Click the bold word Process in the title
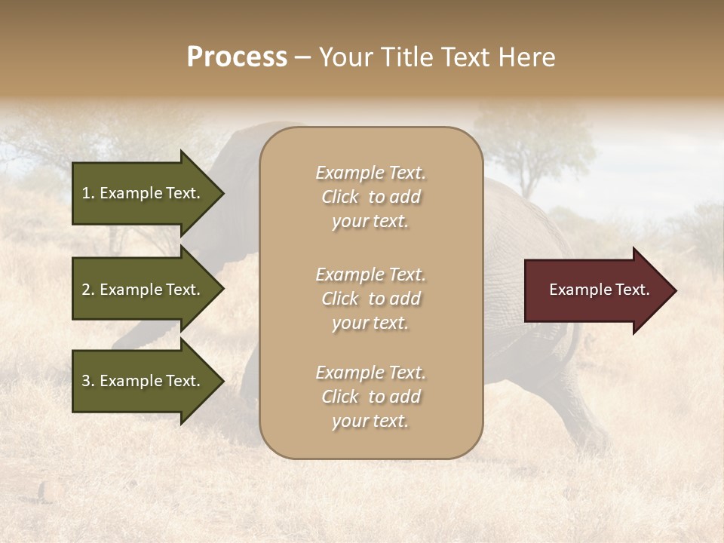pyautogui.click(x=237, y=57)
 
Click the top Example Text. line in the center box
pyautogui.click(x=371, y=173)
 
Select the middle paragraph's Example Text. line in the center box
pyautogui.click(x=371, y=275)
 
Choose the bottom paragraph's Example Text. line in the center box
pyautogui.click(x=371, y=373)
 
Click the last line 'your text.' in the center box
pyautogui.click(x=371, y=422)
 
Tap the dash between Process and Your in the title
pyautogui.click(x=302, y=58)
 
